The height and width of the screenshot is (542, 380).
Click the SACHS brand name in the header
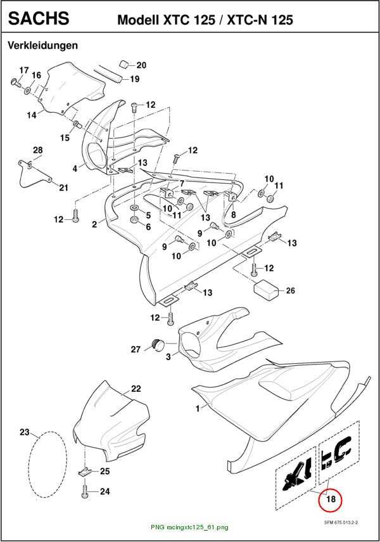[39, 18]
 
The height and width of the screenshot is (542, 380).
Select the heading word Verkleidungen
[43, 45]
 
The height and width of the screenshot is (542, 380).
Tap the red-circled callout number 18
[331, 499]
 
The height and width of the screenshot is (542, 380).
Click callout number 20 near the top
[141, 65]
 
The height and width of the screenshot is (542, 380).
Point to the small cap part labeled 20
[124, 64]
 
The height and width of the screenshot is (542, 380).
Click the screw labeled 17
[16, 82]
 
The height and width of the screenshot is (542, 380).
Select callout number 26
[291, 291]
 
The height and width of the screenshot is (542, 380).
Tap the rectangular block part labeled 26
[267, 290]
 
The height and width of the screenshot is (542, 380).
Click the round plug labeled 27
[158, 344]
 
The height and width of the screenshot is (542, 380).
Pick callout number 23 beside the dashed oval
[25, 432]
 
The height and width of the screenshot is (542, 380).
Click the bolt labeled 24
[85, 491]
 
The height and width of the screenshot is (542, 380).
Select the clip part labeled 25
[84, 472]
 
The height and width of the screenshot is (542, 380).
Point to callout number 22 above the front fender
[136, 389]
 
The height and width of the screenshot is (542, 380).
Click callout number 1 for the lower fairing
[198, 409]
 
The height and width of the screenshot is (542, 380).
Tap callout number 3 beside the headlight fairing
[168, 356]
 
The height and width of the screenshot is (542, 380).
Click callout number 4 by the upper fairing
[75, 169]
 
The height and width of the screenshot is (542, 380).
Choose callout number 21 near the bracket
[63, 188]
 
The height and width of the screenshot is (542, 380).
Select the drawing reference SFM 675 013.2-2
[340, 522]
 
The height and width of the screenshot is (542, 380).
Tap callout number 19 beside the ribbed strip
[135, 79]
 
